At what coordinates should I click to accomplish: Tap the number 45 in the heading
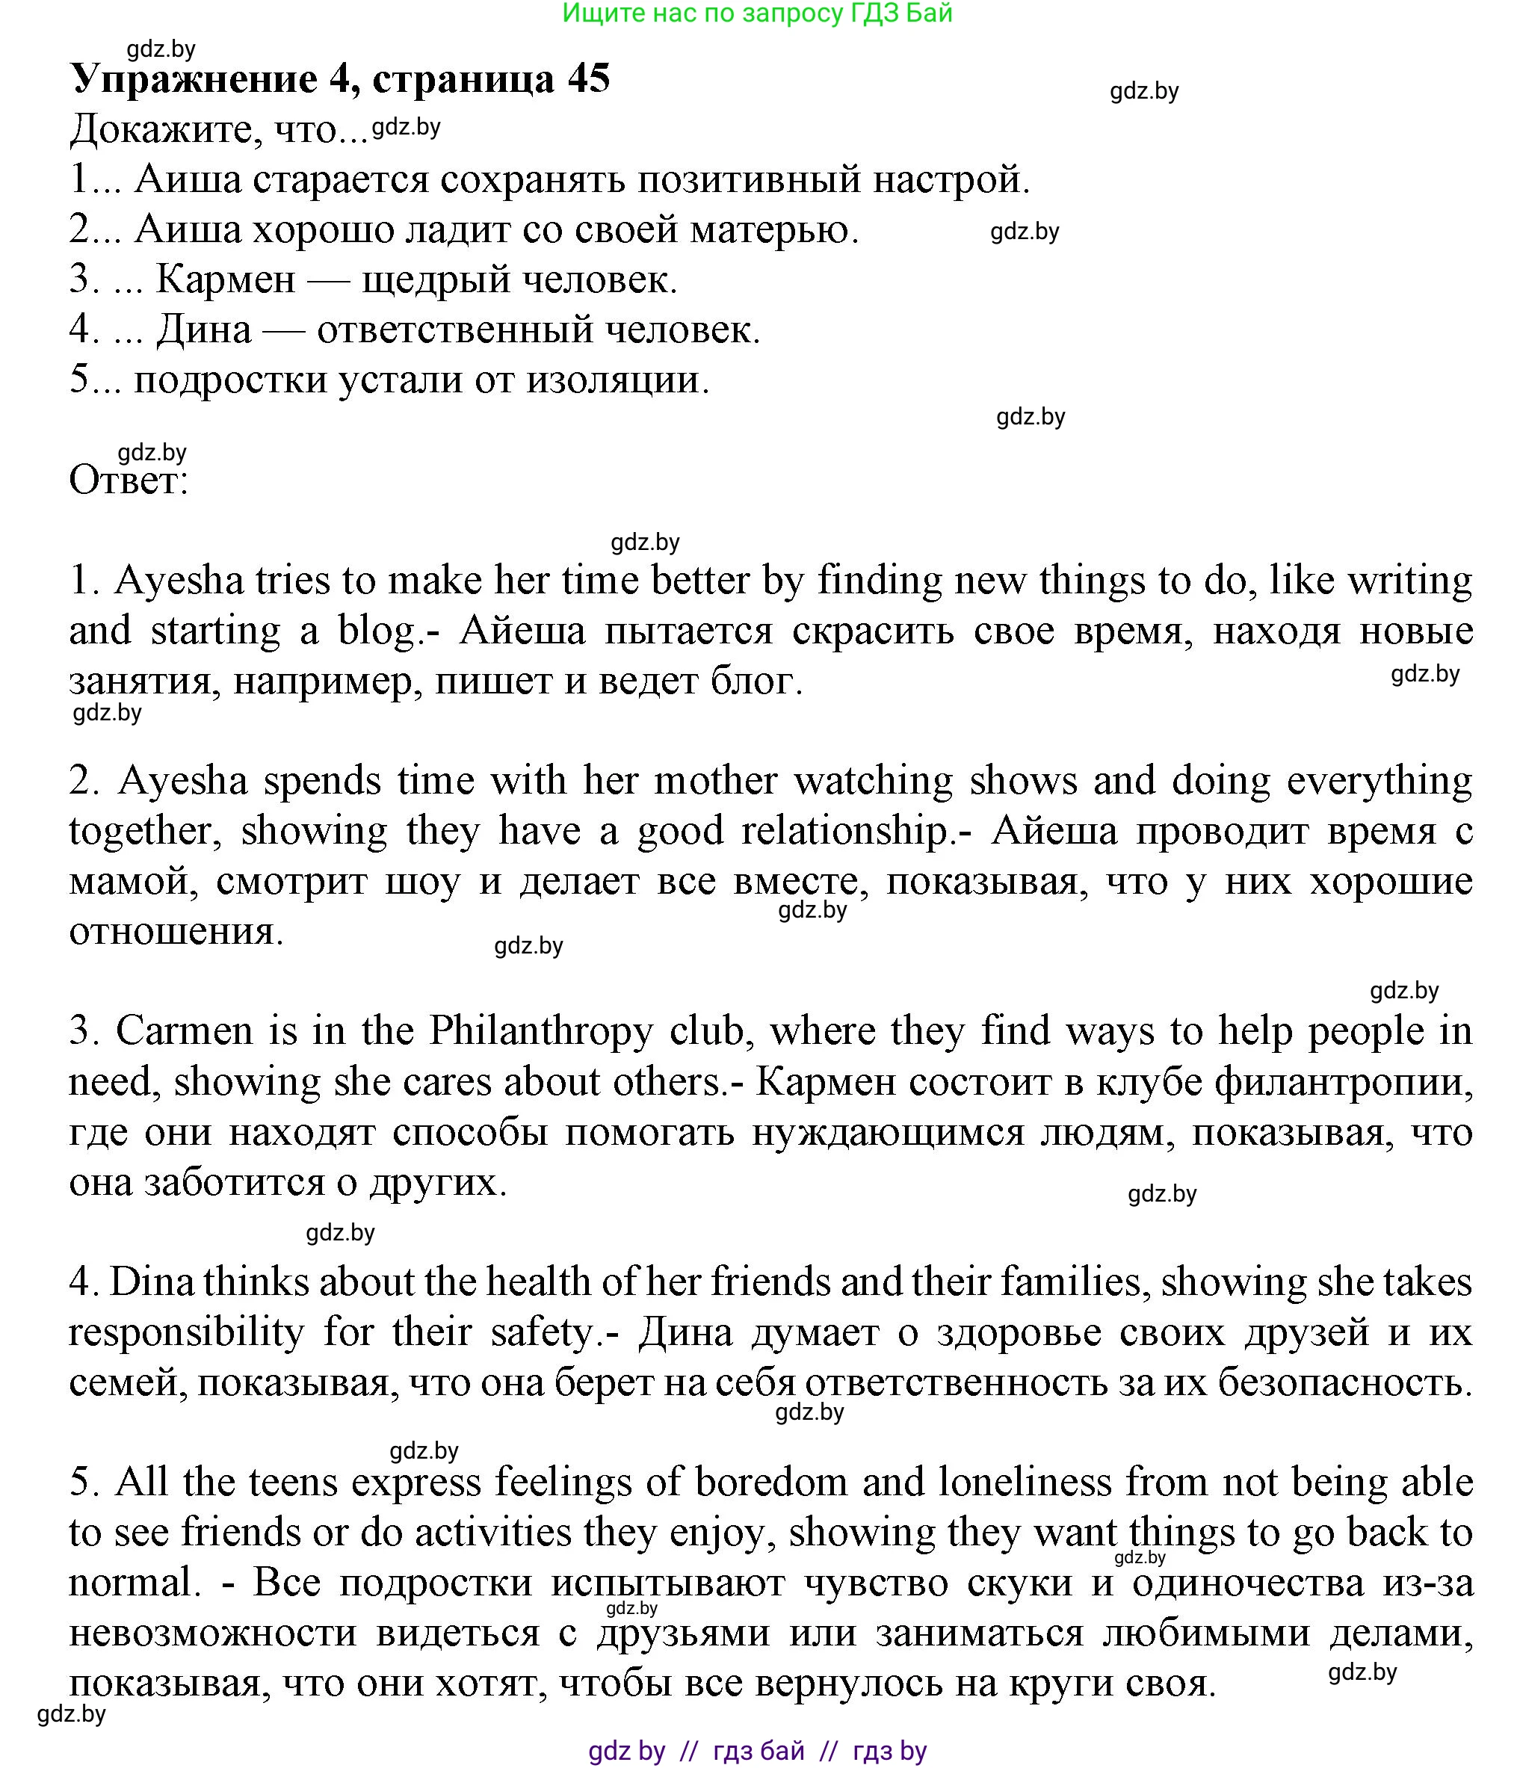pyautogui.click(x=588, y=79)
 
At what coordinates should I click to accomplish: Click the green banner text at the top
pyautogui.click(x=757, y=13)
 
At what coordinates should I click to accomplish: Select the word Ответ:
pyautogui.click(x=128, y=480)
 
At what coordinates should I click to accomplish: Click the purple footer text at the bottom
pyautogui.click(x=757, y=1751)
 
